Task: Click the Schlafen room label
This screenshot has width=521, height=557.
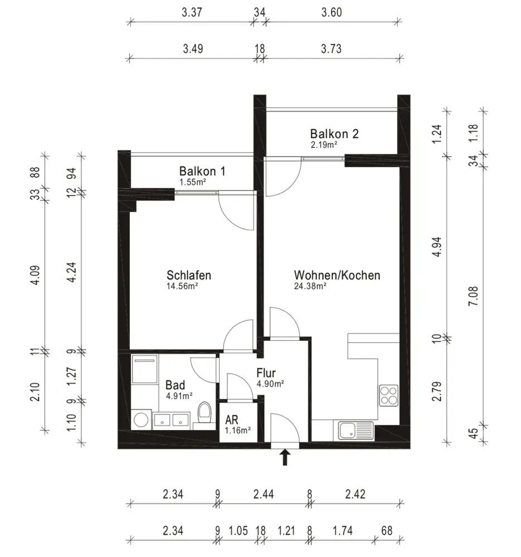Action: (189, 275)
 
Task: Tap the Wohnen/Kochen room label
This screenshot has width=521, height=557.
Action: (337, 275)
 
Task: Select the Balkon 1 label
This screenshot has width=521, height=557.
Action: (202, 171)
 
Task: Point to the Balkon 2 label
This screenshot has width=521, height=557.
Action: (334, 134)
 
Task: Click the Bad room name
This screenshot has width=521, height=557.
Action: (175, 385)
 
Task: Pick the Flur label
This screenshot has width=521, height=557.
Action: (266, 373)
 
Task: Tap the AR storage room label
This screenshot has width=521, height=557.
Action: (231, 420)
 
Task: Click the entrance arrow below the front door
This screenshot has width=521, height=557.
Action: (285, 457)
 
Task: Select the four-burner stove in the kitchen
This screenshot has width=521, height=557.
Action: (388, 395)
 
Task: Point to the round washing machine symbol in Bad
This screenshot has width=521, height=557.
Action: (141, 420)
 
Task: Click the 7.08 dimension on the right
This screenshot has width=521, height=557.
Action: (474, 296)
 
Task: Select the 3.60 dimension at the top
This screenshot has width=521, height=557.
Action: (332, 12)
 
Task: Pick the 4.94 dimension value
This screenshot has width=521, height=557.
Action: (437, 247)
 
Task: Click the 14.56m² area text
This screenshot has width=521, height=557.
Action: (182, 286)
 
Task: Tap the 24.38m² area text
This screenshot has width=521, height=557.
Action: (310, 286)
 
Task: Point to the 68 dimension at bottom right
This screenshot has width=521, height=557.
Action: (387, 531)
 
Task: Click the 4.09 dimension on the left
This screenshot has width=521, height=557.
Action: (35, 275)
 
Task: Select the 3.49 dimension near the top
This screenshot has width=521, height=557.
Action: (193, 48)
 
